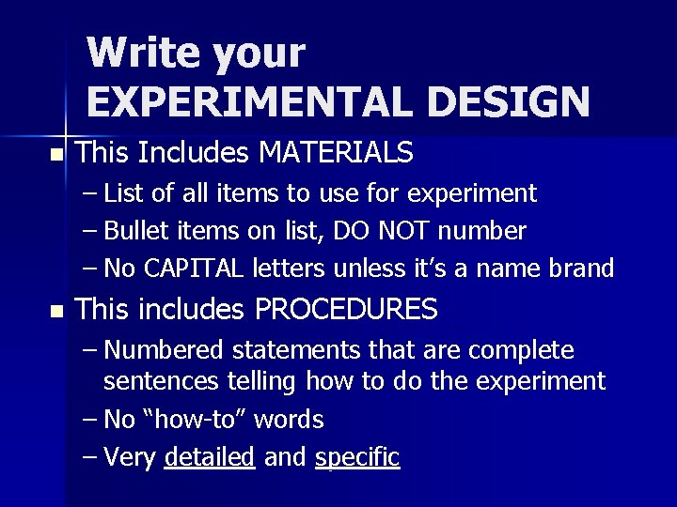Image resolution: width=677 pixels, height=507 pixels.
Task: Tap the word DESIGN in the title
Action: [x=508, y=100]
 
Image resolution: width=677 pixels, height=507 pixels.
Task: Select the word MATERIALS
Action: [x=335, y=151]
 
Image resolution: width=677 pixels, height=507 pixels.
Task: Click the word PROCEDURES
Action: [x=347, y=308]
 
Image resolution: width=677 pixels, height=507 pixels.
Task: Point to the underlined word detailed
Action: [x=209, y=457]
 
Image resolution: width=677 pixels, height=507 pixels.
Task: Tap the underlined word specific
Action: [x=358, y=457]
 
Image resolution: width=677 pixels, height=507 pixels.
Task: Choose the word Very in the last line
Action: [x=131, y=457]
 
